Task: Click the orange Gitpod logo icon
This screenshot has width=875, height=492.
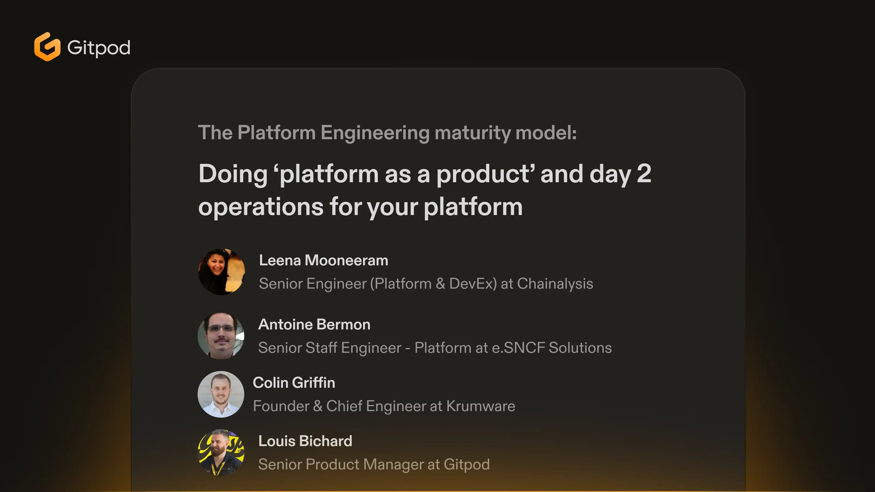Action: [47, 47]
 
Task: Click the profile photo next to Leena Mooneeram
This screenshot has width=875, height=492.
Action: [221, 272]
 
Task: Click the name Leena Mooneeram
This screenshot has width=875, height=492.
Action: [323, 260]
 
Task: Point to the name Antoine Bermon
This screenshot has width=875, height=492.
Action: [314, 325]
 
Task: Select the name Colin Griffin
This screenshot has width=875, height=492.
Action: [294, 383]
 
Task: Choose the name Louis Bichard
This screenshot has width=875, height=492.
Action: [305, 441]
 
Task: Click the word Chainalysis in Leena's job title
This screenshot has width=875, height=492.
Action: [555, 284]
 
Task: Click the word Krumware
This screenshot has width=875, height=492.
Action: [481, 406]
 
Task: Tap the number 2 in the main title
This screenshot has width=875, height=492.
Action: [644, 173]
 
